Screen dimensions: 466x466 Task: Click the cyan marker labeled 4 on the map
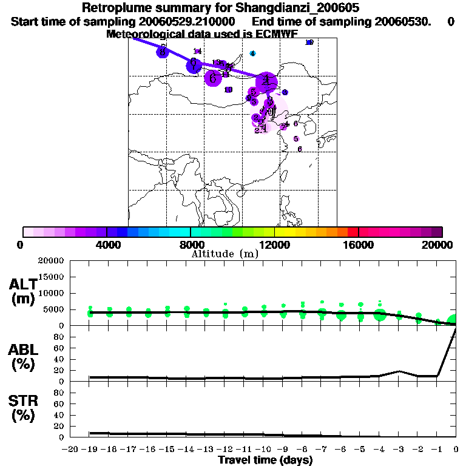[253, 53]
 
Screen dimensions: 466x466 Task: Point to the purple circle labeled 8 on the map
[163, 52]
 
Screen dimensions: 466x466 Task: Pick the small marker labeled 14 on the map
[197, 51]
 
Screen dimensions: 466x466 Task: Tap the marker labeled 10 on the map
[228, 90]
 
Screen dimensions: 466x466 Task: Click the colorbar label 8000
[191, 245]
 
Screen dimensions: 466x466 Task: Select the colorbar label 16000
[359, 245]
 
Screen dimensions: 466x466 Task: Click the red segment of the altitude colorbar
[353, 232]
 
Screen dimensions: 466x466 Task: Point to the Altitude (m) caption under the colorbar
[225, 254]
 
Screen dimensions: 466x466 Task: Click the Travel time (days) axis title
[265, 461]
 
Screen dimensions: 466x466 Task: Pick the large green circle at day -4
[380, 314]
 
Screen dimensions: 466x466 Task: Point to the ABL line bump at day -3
[399, 371]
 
